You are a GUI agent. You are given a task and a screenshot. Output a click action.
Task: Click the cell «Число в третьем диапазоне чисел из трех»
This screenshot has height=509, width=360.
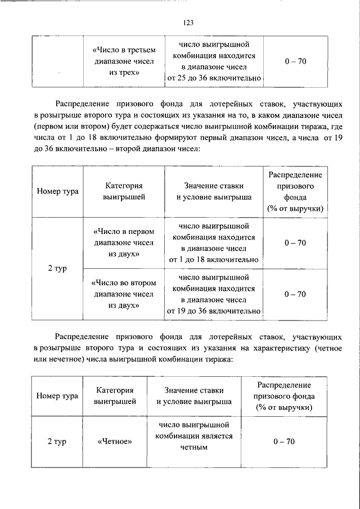pyautogui.click(x=123, y=61)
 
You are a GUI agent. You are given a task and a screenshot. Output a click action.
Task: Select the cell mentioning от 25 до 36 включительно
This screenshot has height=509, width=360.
pyautogui.click(x=214, y=61)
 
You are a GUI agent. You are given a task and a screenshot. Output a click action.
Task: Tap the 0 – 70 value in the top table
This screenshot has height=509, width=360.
pyautogui.click(x=295, y=61)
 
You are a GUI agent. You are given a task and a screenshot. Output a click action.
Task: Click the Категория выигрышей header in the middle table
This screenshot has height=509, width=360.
pyautogui.click(x=123, y=191)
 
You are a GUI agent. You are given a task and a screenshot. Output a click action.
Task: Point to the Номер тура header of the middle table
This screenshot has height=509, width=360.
pyautogui.click(x=58, y=191)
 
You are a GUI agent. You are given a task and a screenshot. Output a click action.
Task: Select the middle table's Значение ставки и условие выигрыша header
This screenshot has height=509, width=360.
pyautogui.click(x=214, y=191)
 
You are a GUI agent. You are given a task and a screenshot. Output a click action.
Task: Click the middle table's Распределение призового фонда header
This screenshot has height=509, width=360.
pyautogui.click(x=295, y=191)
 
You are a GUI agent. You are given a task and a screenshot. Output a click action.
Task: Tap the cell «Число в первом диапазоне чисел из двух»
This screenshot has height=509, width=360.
pyautogui.click(x=123, y=242)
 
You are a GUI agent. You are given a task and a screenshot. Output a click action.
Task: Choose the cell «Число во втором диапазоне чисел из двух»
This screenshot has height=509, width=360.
pyautogui.click(x=123, y=294)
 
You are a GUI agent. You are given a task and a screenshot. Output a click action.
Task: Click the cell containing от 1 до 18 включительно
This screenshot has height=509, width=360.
pyautogui.click(x=214, y=242)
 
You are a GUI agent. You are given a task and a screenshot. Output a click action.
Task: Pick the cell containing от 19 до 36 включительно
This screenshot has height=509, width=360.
pyautogui.click(x=214, y=294)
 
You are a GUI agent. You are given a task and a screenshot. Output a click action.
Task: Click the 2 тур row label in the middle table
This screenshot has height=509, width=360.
pyautogui.click(x=58, y=268)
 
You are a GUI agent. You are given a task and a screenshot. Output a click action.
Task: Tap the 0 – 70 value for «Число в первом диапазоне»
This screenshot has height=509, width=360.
pyautogui.click(x=295, y=242)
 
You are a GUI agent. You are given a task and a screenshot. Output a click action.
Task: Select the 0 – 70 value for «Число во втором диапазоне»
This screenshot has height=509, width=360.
pyautogui.click(x=295, y=294)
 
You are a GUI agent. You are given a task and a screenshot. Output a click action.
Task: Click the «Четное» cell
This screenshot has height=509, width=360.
pyautogui.click(x=115, y=442)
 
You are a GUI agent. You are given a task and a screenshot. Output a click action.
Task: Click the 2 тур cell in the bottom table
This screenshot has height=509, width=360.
pyautogui.click(x=57, y=442)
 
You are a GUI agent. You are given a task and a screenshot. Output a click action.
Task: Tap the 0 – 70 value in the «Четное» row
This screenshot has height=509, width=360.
pyautogui.click(x=284, y=442)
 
